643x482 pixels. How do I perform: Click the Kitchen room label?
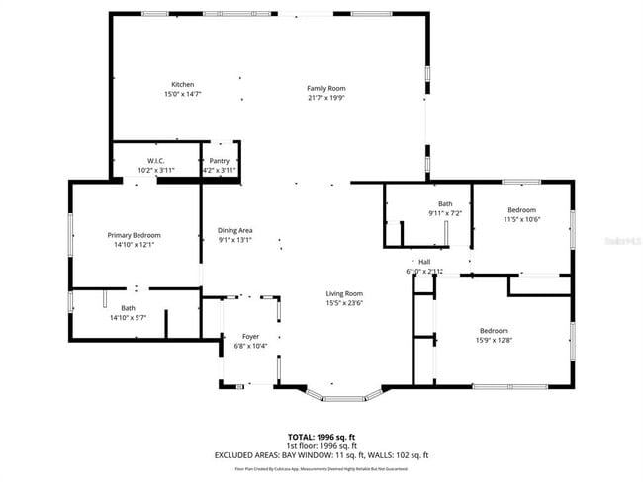pos(182,84)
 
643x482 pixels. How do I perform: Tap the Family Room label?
pos(325,88)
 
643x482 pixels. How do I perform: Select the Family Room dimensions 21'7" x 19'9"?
pos(325,98)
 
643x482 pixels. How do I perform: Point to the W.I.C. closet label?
pos(155,161)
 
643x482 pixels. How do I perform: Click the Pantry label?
pos(220,161)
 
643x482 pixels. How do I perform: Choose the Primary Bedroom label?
pos(134,235)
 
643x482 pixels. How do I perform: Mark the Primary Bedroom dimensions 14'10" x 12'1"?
pos(134,245)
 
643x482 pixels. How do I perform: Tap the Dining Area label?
pos(235,230)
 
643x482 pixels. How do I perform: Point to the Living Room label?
pos(345,293)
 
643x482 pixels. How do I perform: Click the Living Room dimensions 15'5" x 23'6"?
pos(345,303)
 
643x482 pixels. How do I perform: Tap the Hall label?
pos(424,262)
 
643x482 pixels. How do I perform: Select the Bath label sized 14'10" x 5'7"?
pos(129,308)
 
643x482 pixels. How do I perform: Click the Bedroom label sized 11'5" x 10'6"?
pos(521,209)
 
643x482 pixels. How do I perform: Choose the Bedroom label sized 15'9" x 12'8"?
pos(494,330)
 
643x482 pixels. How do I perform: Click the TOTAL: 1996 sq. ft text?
pos(321,436)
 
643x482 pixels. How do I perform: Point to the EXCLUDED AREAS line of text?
pos(321,454)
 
